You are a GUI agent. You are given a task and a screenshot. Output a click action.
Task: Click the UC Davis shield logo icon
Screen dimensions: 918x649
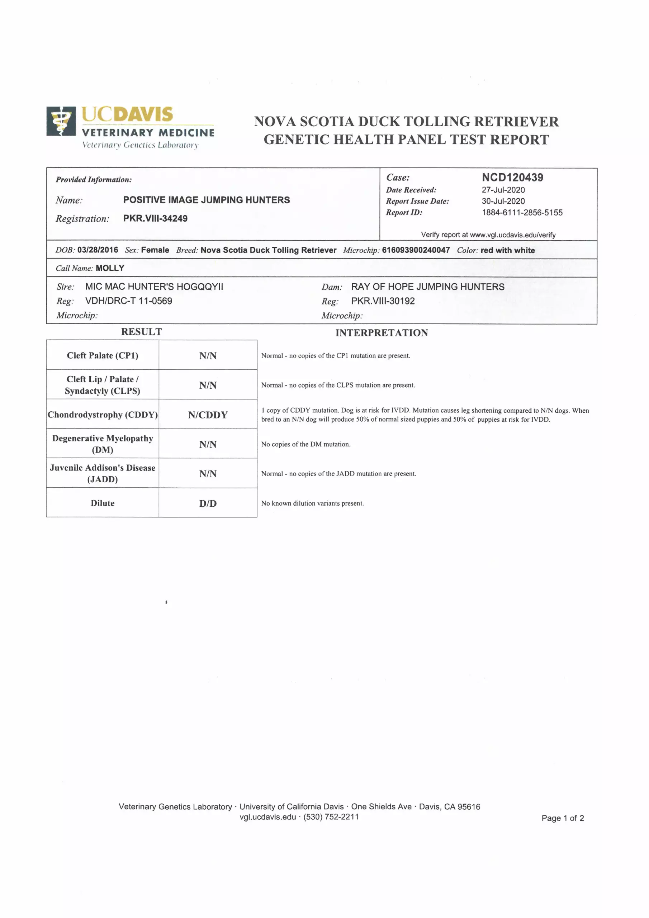(61, 121)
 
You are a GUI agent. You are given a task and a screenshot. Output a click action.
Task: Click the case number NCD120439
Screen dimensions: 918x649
(512, 178)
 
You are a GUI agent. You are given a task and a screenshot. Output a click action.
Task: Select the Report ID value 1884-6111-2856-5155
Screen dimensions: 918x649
(522, 213)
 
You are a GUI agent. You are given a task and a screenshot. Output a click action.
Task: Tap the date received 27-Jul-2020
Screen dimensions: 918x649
(503, 190)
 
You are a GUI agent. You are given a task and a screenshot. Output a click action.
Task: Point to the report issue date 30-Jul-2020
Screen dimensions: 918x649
(503, 201)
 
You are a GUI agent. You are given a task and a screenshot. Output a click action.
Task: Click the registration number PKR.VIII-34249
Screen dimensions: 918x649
(155, 218)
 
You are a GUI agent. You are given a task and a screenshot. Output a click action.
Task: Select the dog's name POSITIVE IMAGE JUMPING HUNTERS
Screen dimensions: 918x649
(206, 200)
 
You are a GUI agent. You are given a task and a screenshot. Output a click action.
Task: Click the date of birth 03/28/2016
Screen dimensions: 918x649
(98, 250)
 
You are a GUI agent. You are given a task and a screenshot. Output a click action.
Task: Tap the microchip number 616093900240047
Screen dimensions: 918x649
(416, 250)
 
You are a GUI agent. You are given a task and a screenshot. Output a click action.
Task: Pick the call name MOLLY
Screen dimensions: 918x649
(110, 268)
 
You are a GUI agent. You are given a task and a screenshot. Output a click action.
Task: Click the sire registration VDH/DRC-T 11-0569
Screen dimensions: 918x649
(129, 301)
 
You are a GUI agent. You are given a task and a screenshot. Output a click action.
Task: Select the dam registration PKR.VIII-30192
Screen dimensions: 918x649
(383, 301)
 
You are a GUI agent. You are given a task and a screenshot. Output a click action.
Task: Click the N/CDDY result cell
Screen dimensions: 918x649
(208, 415)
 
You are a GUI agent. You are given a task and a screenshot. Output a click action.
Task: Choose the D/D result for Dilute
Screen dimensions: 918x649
(208, 503)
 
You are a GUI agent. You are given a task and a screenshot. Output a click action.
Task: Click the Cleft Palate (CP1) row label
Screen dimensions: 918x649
(102, 355)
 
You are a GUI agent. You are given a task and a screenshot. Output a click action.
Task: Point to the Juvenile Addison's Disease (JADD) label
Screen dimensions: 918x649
(102, 473)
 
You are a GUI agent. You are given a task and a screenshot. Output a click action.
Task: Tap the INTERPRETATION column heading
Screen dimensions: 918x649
(382, 333)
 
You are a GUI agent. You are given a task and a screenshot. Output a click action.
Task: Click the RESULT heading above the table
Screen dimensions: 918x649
(142, 332)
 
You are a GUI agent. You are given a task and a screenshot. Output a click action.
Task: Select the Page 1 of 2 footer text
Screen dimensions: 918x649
(563, 818)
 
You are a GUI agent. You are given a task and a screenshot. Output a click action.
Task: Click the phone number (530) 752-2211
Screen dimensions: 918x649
(331, 817)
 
